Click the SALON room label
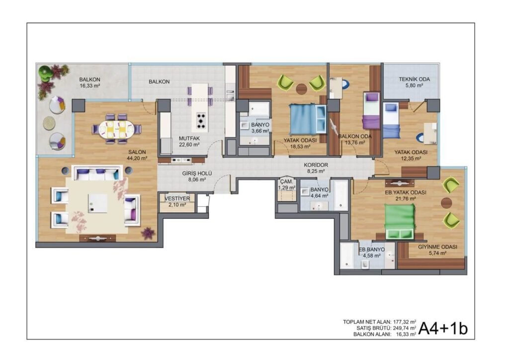[x=137, y=152]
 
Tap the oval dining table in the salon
[x=116, y=129]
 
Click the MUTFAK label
[x=189, y=138]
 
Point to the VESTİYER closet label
[x=177, y=199]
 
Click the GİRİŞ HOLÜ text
[x=197, y=174]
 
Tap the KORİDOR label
[x=316, y=165]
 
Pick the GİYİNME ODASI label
[x=437, y=247]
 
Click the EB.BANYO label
[x=372, y=249]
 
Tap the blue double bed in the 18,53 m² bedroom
[x=307, y=119]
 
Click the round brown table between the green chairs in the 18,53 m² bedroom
[x=302, y=89]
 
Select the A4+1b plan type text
[x=443, y=329]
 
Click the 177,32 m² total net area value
[x=405, y=322]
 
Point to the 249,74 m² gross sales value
[x=405, y=328]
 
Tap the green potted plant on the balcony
[x=45, y=73]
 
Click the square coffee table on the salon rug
[x=98, y=203]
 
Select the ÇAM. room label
[x=287, y=182]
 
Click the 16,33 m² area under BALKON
[x=89, y=86]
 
